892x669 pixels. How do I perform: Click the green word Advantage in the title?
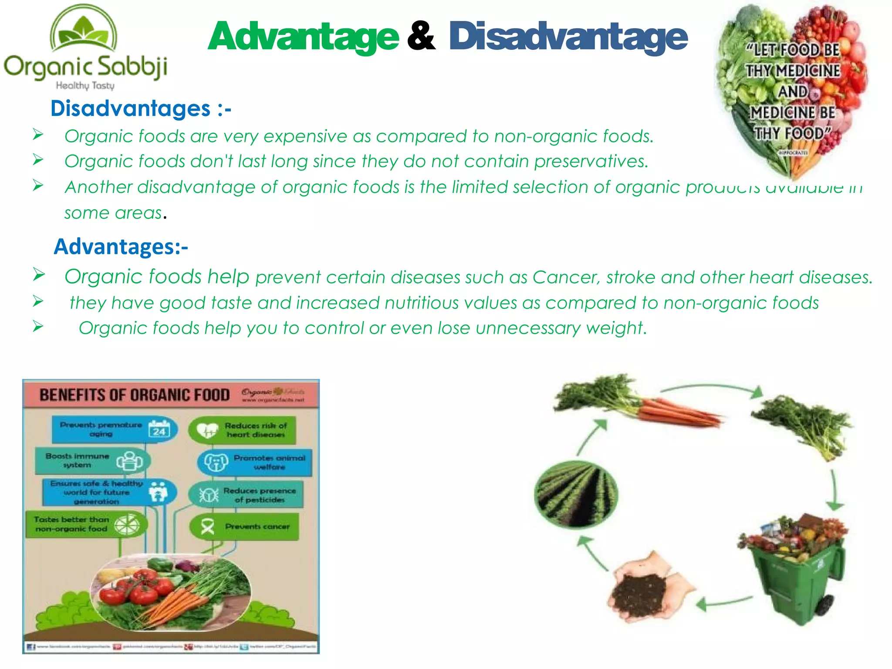pyautogui.click(x=303, y=37)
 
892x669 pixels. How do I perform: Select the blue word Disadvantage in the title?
pyautogui.click(x=568, y=37)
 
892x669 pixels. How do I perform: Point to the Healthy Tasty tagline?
pyautogui.click(x=85, y=85)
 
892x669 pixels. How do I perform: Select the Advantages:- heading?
pyautogui.click(x=121, y=247)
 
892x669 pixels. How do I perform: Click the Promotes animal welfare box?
pyautogui.click(x=255, y=463)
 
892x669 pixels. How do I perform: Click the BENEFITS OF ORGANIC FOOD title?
pyautogui.click(x=134, y=395)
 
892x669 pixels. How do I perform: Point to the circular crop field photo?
pyautogui.click(x=575, y=493)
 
